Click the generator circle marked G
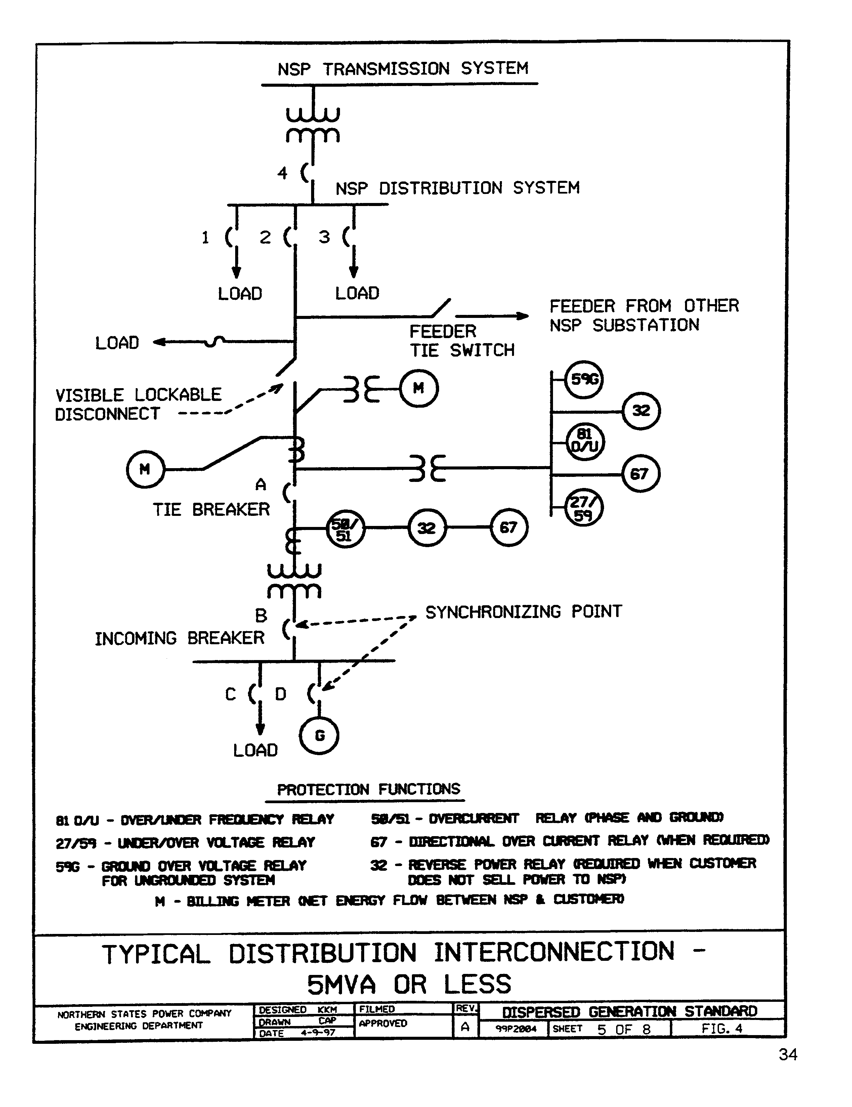point(319,735)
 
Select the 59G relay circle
point(584,379)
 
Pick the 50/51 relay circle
point(345,529)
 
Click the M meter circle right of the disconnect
point(419,389)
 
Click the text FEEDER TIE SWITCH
point(461,341)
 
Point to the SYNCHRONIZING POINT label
point(523,612)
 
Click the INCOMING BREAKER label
point(179,638)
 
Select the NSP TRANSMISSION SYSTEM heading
point(402,69)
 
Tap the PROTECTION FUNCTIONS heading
point(369,789)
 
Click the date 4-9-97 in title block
point(318,1032)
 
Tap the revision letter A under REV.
point(465,1027)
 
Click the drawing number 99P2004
point(515,1029)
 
